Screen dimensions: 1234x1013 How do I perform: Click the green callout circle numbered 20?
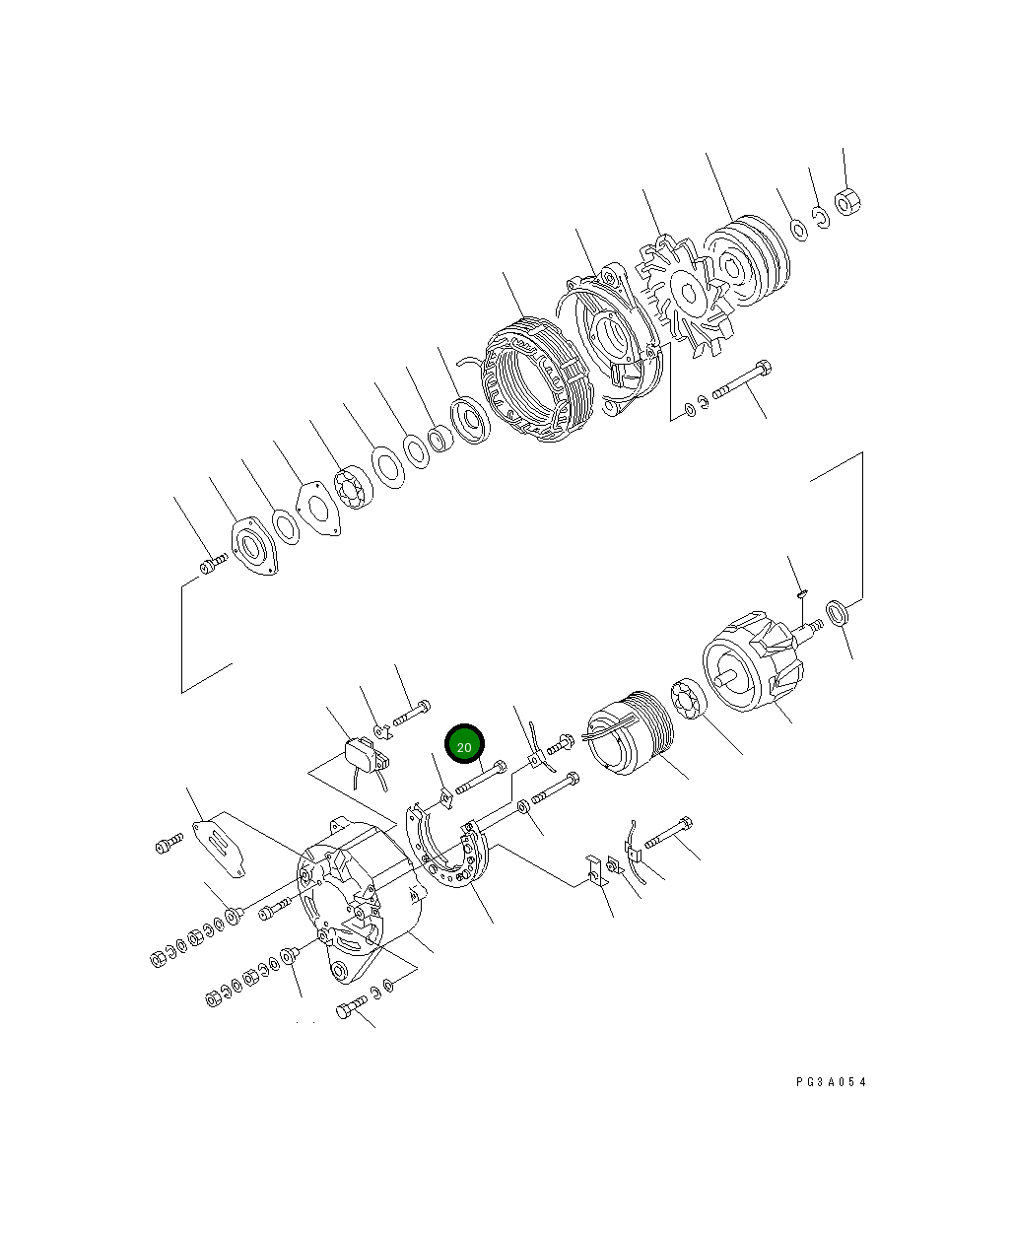click(x=465, y=745)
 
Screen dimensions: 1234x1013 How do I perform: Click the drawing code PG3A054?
click(x=832, y=1081)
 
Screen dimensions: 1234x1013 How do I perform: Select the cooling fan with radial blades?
click(x=683, y=294)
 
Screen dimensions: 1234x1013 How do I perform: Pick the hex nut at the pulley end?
click(x=847, y=202)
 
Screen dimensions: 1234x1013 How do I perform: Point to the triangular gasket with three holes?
click(x=317, y=509)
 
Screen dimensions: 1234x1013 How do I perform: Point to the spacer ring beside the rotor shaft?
click(x=839, y=613)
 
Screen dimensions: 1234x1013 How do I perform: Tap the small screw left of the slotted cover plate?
click(x=169, y=844)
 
